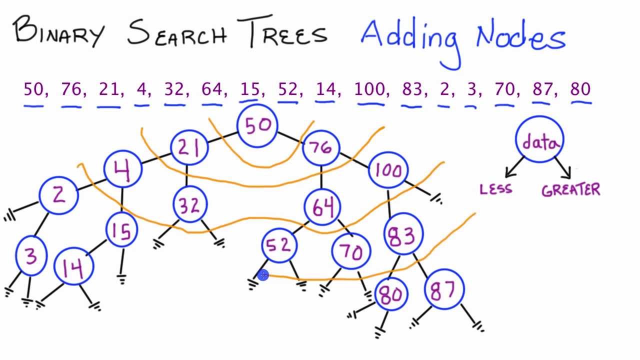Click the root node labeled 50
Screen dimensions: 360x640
click(x=258, y=125)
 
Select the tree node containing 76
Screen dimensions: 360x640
click(x=320, y=147)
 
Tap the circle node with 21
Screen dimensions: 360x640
click(x=189, y=147)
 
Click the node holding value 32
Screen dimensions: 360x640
click(x=189, y=205)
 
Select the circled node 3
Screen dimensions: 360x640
click(x=31, y=256)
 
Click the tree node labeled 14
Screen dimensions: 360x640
click(x=73, y=268)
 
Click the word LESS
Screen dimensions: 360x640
click(x=496, y=189)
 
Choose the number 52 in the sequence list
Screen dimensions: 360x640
click(x=287, y=89)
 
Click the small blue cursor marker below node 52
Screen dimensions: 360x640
click(x=263, y=274)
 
